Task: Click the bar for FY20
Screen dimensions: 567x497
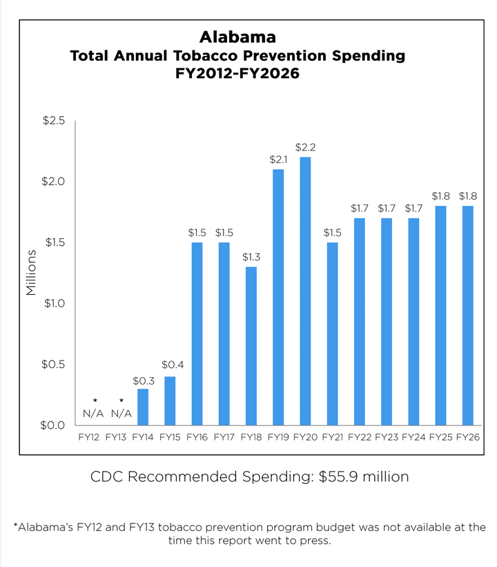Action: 304,291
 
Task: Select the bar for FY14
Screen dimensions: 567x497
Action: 142,407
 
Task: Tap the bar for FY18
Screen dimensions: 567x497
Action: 251,346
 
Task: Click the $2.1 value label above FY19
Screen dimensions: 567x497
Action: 277,160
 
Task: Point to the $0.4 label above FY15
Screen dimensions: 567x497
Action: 170,365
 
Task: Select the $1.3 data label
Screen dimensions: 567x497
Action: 251,257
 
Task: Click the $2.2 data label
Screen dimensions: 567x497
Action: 304,147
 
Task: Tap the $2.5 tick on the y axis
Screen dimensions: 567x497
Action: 53,121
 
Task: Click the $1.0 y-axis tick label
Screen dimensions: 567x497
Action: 53,303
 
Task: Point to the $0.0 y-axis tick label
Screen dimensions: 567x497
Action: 53,425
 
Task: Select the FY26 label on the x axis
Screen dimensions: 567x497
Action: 468,437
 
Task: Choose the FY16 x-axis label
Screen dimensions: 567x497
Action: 197,437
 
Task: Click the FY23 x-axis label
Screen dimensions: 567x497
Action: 387,437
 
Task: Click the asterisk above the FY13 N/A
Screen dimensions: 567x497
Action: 121,401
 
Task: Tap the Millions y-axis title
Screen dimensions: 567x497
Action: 31,273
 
